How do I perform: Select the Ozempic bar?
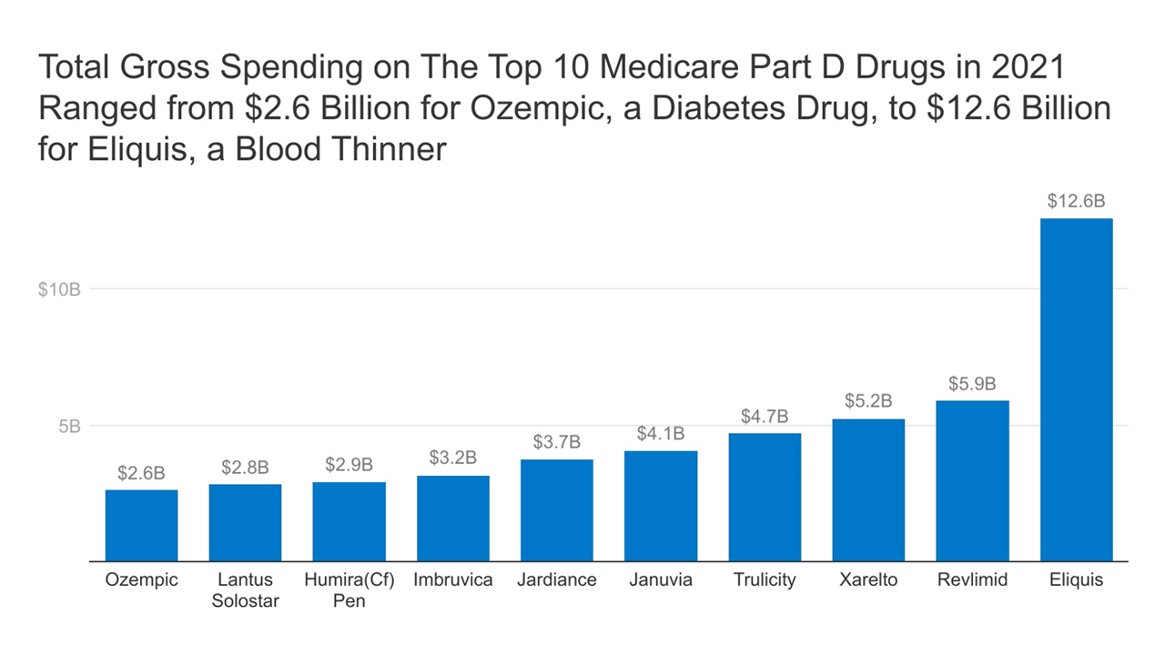pos(141,525)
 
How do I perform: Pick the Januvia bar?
pos(661,506)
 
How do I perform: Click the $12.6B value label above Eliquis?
pos(1076,201)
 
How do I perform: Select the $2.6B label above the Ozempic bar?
pos(141,473)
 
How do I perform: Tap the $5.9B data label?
pos(972,383)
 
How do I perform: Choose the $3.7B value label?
pos(557,442)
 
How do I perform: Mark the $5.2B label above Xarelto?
pos(868,401)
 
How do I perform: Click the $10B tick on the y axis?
pos(60,289)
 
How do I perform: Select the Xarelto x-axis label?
pos(868,579)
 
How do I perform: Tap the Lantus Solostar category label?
pos(245,590)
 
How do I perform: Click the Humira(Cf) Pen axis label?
pos(349,590)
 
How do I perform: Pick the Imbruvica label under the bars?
pos(453,579)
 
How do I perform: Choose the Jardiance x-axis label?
pos(557,579)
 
